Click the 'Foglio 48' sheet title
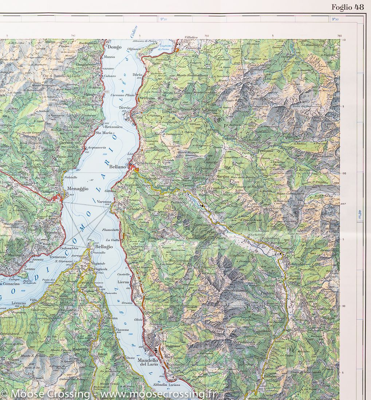tap(347, 7)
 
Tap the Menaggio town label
tap(77, 189)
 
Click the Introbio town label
tap(297, 264)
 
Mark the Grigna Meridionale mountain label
tap(237, 342)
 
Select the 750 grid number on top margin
tap(206, 36)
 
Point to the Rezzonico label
tap(114, 127)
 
